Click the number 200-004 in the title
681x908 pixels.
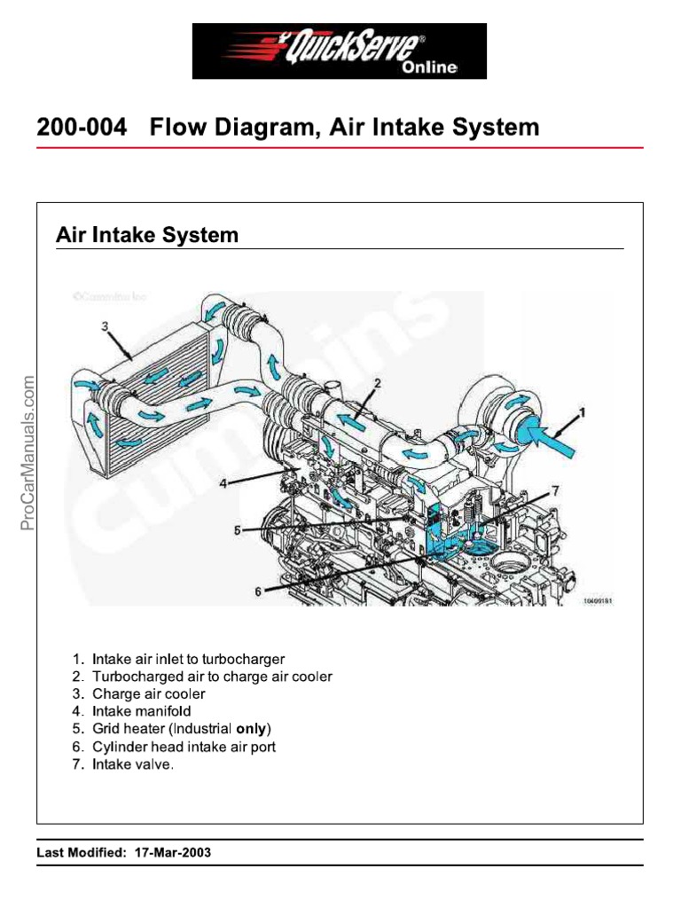(82, 128)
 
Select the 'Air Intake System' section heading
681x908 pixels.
(147, 235)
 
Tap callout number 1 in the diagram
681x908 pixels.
(583, 412)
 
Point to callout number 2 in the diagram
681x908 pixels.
(376, 383)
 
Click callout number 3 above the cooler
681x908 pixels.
(105, 327)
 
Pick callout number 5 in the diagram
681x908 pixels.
(237, 530)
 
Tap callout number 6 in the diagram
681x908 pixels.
(258, 591)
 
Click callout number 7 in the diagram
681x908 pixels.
(555, 490)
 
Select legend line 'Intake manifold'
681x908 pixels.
(141, 711)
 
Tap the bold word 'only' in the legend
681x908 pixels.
(251, 729)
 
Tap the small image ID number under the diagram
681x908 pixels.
(598, 600)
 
